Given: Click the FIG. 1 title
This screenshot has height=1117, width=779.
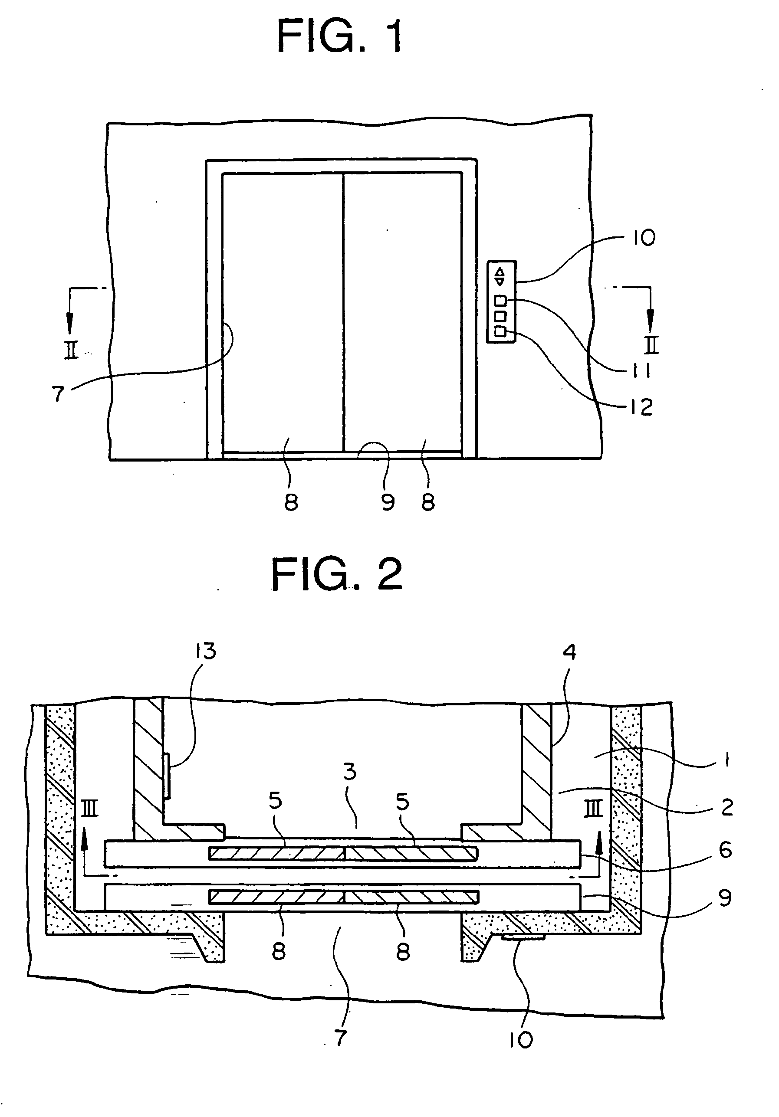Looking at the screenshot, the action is (x=340, y=36).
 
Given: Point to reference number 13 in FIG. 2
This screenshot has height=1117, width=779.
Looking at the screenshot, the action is (x=205, y=651).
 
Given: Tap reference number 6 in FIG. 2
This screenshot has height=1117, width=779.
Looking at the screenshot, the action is (x=726, y=850).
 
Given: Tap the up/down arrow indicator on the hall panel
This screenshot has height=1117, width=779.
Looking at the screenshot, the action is (x=500, y=277).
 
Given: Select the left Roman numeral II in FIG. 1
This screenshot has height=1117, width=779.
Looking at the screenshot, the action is (x=72, y=349).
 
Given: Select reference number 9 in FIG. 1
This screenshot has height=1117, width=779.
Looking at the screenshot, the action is (x=388, y=502).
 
